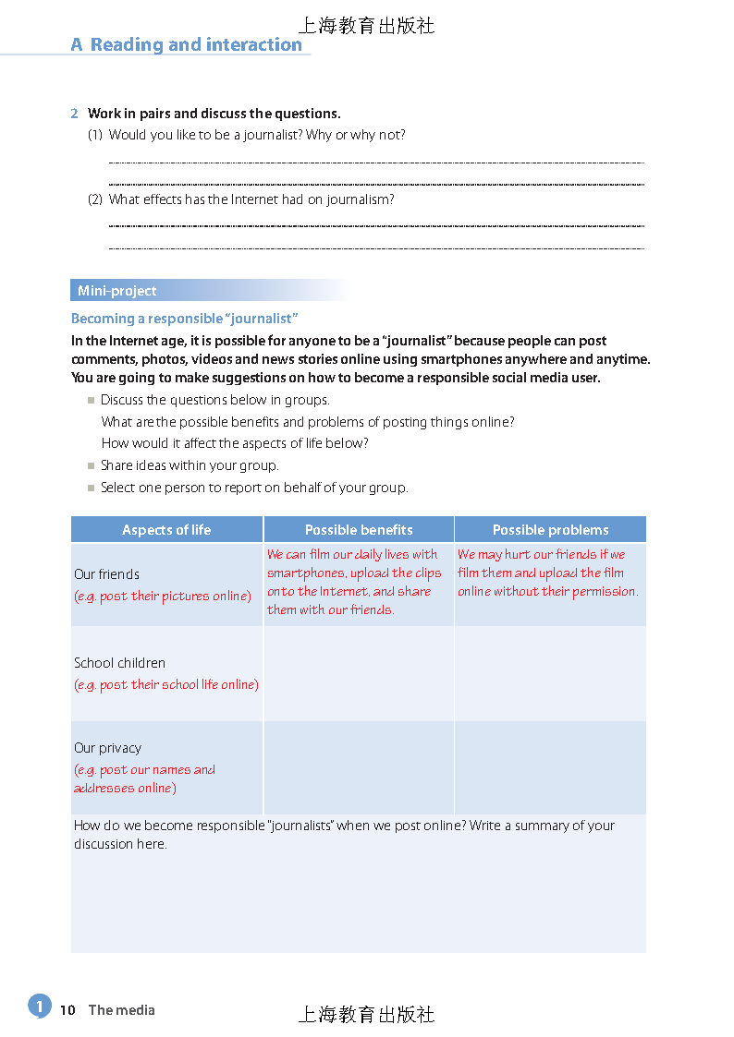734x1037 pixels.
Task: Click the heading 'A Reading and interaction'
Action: tap(187, 44)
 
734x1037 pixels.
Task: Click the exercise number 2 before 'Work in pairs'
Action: tap(74, 114)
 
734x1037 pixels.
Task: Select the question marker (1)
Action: tap(94, 135)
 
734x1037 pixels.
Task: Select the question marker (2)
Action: tap(94, 199)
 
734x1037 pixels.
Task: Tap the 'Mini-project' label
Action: tap(117, 291)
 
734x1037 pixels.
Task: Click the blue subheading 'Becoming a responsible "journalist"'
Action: tap(184, 319)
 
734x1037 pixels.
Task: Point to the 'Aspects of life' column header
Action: tap(166, 530)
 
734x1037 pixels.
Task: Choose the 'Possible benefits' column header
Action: tap(359, 530)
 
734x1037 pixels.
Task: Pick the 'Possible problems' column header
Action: tap(550, 530)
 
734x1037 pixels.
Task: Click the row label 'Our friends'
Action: tap(107, 574)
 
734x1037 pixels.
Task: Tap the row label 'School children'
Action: tap(120, 663)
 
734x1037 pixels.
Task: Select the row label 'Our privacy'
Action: tap(108, 748)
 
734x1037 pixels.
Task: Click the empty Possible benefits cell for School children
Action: tap(359, 674)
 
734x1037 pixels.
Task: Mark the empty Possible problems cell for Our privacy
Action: tap(550, 767)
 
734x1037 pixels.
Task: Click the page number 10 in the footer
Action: tap(67, 1010)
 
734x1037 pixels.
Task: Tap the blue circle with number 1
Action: tap(39, 1006)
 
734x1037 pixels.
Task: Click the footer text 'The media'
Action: tap(121, 1010)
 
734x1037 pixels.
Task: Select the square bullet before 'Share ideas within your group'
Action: tap(92, 466)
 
